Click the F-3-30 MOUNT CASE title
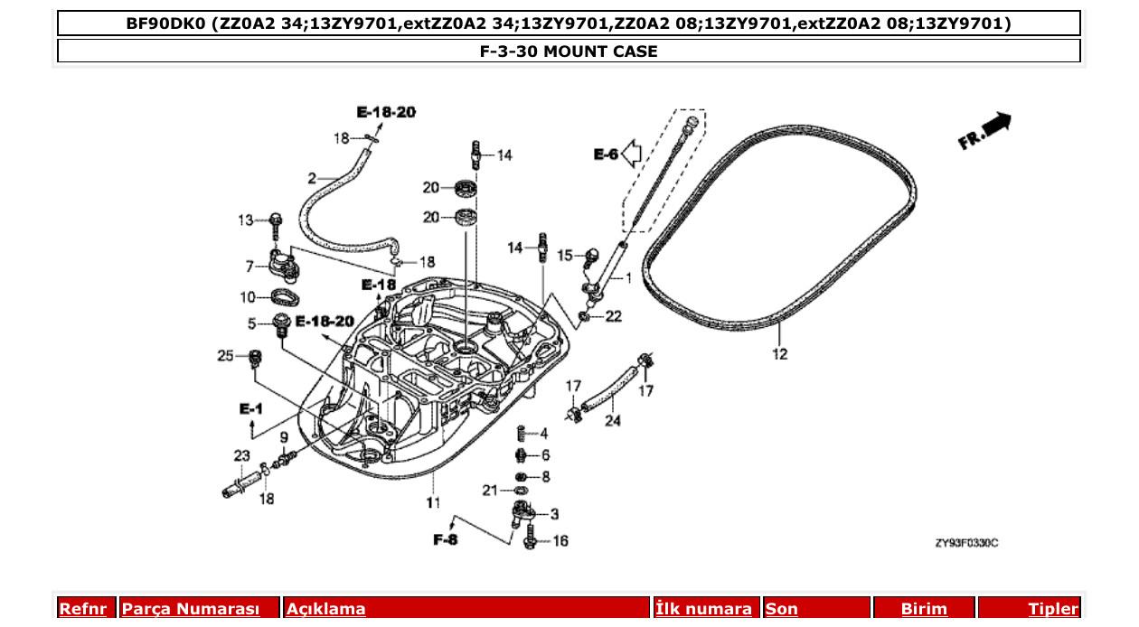[569, 51]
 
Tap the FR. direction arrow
[985, 132]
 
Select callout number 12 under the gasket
[780, 354]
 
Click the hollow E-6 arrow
[631, 154]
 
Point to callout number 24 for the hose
[613, 420]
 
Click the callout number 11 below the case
[434, 502]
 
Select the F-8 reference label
[446, 540]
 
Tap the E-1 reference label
[250, 410]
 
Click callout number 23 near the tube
[241, 455]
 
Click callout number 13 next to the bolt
[247, 220]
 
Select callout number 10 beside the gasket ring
[248, 297]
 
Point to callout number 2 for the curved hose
[312, 178]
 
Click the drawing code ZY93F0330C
[966, 543]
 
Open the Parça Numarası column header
[191, 608]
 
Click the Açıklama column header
[326, 608]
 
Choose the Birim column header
[924, 608]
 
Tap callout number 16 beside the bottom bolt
[560, 541]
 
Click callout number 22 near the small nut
[614, 316]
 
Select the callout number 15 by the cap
[565, 256]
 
